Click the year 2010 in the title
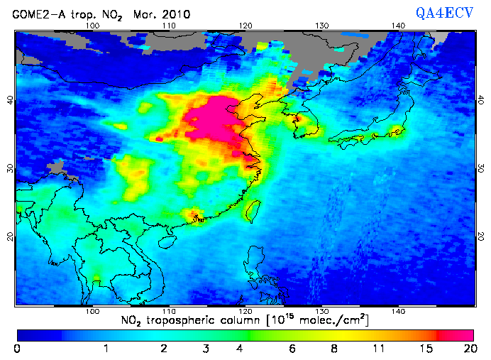[168, 13]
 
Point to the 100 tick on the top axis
[92, 26]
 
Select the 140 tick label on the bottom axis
[397, 311]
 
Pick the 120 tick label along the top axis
[245, 26]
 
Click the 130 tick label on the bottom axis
[321, 311]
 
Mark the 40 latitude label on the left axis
[10, 100]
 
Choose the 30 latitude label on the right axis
[480, 168]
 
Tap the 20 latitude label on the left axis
[10, 236]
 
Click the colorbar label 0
[17, 349]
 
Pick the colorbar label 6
[290, 349]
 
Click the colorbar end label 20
[468, 349]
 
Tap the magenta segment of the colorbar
[457, 334]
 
